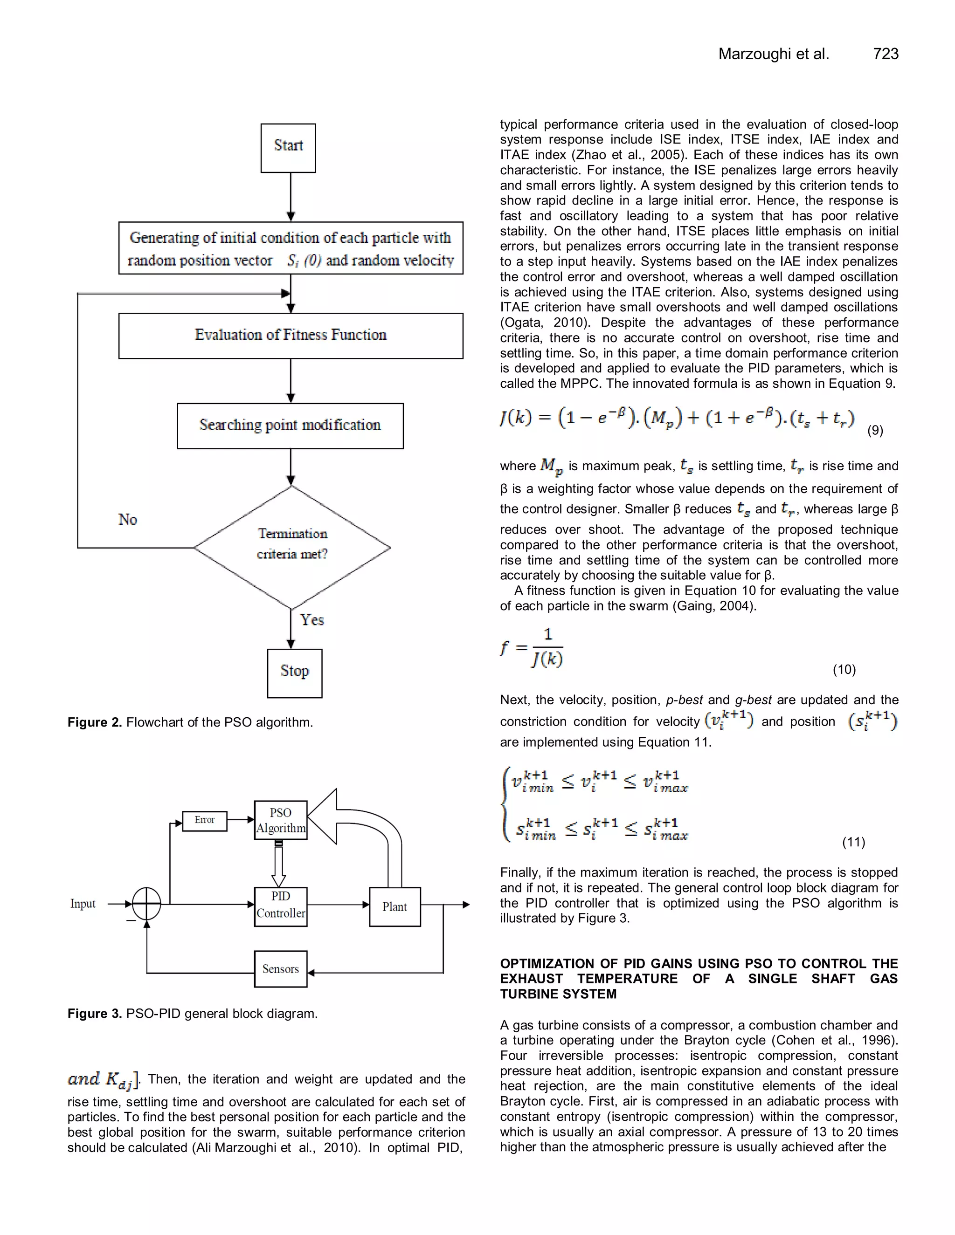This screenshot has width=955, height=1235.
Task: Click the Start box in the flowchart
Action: click(288, 148)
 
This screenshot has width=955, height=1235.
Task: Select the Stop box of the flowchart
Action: click(294, 672)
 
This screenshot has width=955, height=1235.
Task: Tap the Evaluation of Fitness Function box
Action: click(291, 336)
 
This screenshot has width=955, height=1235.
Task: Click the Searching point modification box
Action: click(290, 426)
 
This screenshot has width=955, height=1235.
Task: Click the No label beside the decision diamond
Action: click(127, 520)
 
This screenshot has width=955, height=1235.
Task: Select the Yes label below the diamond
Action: click(312, 620)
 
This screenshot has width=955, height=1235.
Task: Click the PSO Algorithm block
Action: click(281, 820)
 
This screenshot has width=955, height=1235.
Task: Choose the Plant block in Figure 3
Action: click(395, 906)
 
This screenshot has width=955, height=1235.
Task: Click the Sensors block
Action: click(281, 969)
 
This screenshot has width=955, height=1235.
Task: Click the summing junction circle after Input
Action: click(146, 904)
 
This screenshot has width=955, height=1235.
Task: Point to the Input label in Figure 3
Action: click(83, 904)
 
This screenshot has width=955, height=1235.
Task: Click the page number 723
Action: click(886, 54)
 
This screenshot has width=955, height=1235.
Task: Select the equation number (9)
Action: click(875, 430)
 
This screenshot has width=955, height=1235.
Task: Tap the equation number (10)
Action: click(844, 670)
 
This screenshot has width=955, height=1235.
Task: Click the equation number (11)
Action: click(853, 842)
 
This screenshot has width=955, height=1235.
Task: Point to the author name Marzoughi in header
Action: click(755, 54)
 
